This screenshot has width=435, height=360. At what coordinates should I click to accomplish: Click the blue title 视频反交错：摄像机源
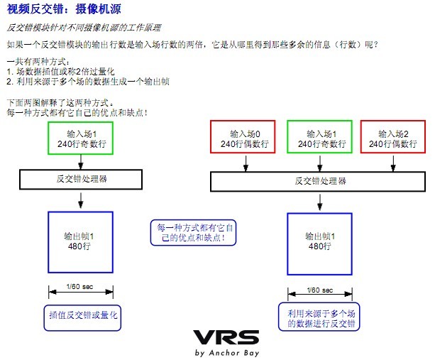point(64,9)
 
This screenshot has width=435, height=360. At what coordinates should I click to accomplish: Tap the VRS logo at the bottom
point(226,337)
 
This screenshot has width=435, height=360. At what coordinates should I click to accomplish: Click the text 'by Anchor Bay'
point(227,353)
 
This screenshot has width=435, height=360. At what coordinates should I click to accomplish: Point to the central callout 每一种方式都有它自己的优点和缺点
point(193,233)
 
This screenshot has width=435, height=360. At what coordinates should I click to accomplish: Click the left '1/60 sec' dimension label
point(80,286)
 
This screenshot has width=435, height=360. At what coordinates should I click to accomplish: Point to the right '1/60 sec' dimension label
point(320,290)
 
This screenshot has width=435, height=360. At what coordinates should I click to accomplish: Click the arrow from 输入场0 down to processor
point(246,163)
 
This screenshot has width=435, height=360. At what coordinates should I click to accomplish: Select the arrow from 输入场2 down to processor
point(393,163)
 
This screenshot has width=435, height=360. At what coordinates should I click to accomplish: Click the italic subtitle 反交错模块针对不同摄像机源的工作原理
point(84,28)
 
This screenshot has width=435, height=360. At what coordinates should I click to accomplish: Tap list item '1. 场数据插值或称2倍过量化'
point(60,71)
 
